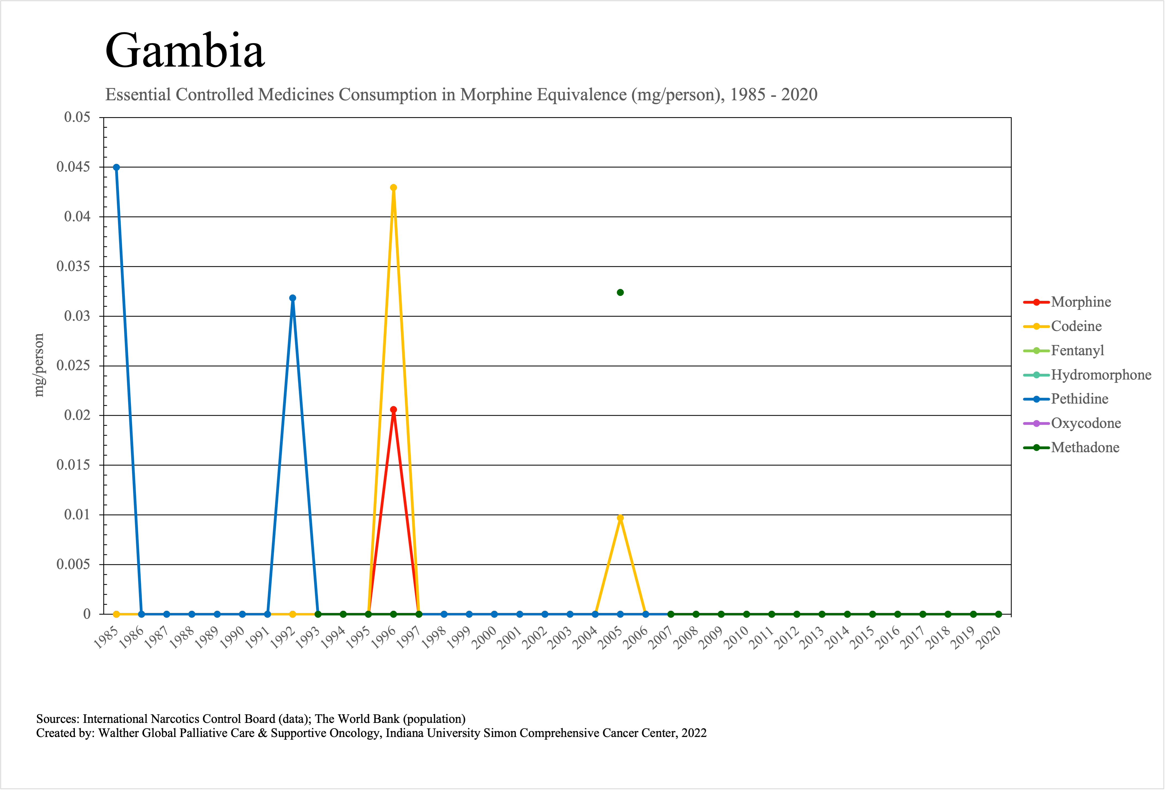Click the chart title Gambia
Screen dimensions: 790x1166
[x=185, y=51]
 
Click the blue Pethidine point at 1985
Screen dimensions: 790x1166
[x=116, y=168]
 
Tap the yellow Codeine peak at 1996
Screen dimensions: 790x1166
[x=393, y=188]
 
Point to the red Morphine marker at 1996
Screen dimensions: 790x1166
[x=393, y=410]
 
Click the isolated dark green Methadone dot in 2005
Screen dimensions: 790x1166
[x=620, y=293]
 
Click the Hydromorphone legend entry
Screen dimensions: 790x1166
[x=1101, y=375]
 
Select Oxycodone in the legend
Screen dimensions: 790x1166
[x=1086, y=423]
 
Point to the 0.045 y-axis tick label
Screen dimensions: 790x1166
[x=73, y=167]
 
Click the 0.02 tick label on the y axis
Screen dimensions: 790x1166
[x=77, y=415]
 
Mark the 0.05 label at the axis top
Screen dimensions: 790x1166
[x=77, y=117]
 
